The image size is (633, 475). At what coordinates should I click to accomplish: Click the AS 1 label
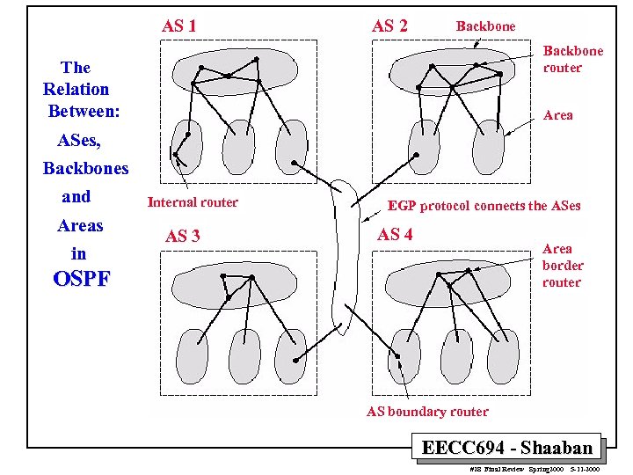[x=178, y=26]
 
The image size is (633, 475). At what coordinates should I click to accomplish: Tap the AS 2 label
[x=389, y=26]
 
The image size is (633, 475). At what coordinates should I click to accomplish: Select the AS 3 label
[x=182, y=236]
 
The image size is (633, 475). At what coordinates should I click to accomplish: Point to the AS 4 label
[x=395, y=234]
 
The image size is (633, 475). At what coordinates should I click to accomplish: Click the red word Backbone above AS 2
[x=485, y=26]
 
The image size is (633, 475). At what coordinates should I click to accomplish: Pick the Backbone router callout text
[x=572, y=59]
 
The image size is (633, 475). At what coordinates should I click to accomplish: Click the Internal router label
[x=193, y=202]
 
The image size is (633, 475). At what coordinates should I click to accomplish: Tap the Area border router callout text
[x=563, y=266]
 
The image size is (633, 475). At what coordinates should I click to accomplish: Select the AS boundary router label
[x=427, y=411]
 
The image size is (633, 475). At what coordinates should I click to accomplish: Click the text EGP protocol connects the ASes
[x=484, y=206]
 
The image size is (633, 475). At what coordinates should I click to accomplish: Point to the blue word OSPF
[x=82, y=280]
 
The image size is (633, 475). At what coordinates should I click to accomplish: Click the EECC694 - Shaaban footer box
[x=507, y=448]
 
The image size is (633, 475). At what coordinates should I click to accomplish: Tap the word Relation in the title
[x=76, y=89]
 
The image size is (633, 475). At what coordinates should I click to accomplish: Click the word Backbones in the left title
[x=85, y=168]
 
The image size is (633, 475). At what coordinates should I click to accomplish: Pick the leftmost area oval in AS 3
[x=193, y=356]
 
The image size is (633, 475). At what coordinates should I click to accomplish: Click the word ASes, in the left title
[x=78, y=140]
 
